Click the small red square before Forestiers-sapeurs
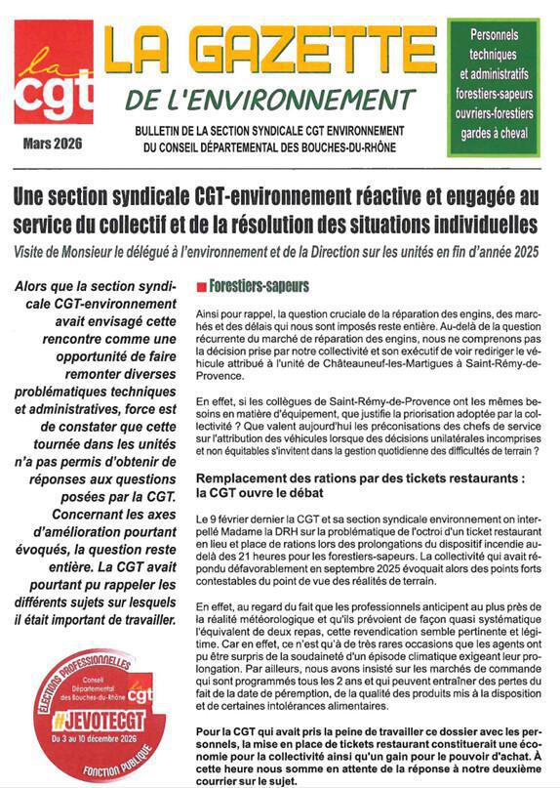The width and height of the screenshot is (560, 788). pos(201,287)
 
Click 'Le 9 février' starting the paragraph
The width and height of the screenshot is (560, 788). pos(224,515)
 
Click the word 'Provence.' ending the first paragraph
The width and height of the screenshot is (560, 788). pos(224,375)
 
